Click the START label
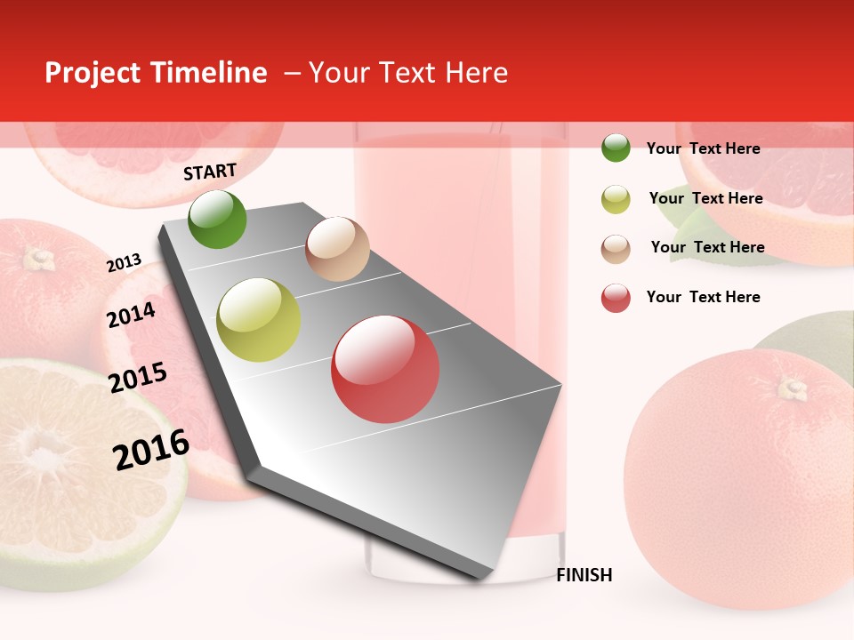210,172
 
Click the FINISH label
584,575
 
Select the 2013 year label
125,263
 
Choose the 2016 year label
151,449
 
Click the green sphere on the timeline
217,219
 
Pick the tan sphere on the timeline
337,249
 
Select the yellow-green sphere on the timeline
259,320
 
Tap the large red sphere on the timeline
385,369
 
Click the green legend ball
616,148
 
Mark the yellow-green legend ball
616,199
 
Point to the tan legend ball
616,248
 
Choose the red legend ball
616,298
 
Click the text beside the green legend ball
703,148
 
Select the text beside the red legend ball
703,297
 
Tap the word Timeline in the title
209,73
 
